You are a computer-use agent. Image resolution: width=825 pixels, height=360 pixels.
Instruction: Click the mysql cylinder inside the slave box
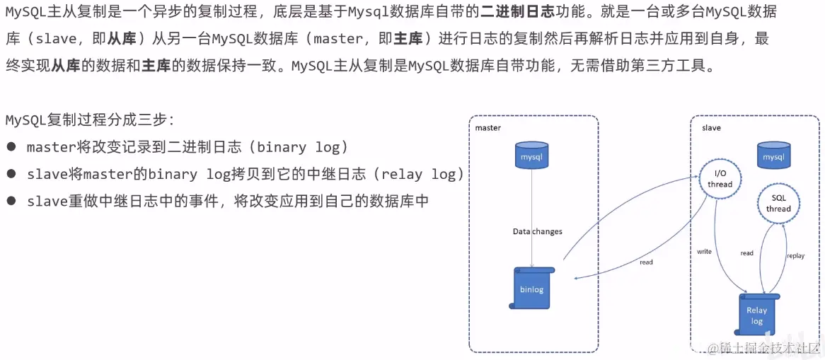pos(773,155)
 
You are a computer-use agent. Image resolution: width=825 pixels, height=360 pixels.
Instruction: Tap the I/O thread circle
pos(720,178)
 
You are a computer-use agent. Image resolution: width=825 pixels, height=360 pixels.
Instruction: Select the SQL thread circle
pos(778,204)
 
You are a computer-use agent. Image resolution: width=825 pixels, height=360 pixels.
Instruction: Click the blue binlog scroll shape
pos(531,288)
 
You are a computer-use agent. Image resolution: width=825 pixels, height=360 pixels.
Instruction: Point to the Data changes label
pos(537,231)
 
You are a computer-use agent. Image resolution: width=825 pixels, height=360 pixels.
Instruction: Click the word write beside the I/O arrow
pos(704,252)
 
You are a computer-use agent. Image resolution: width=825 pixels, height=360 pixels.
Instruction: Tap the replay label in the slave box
pos(795,255)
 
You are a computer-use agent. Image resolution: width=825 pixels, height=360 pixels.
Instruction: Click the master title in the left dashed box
pos(487,128)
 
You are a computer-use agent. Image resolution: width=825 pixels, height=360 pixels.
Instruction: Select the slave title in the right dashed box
pos(711,128)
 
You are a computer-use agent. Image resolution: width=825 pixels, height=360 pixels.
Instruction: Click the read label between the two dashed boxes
pos(645,262)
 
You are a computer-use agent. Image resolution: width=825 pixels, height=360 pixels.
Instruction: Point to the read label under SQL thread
pos(746,253)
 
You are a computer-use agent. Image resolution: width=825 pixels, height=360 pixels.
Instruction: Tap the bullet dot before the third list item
pos(11,201)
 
